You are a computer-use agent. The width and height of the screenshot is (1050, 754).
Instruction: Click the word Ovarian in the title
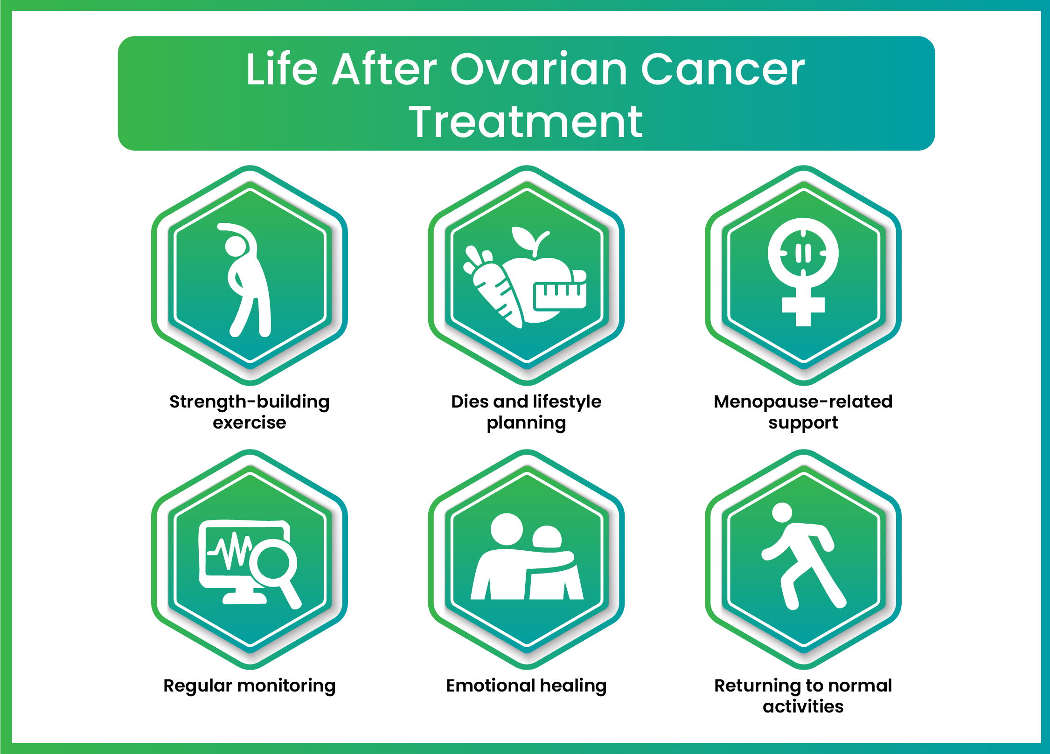pyautogui.click(x=539, y=70)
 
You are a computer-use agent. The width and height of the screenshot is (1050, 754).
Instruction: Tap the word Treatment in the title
pyautogui.click(x=526, y=122)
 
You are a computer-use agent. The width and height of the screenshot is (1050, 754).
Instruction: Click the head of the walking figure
pyautogui.click(x=782, y=512)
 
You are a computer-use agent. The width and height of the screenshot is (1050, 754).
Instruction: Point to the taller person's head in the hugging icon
pyautogui.click(x=507, y=529)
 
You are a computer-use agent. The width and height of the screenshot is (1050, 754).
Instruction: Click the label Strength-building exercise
pyautogui.click(x=250, y=412)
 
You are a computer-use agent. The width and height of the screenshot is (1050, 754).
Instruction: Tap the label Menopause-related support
pyautogui.click(x=803, y=412)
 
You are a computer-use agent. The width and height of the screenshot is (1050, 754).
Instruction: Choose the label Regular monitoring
pyautogui.click(x=250, y=685)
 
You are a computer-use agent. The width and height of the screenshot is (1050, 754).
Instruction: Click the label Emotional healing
pyautogui.click(x=526, y=685)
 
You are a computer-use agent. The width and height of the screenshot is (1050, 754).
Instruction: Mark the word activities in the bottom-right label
pyautogui.click(x=803, y=706)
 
